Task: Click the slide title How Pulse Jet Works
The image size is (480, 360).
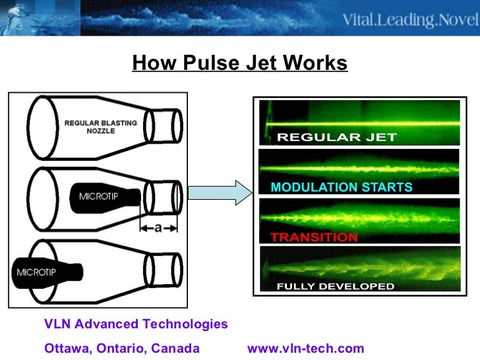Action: coord(239,63)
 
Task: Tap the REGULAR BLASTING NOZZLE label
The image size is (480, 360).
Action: coord(100,127)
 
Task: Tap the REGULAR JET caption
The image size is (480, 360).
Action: coord(337,137)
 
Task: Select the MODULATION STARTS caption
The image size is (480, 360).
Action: coord(341,187)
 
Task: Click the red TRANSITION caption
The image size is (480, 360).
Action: coord(314,237)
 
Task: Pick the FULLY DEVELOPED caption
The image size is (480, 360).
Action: coord(336,286)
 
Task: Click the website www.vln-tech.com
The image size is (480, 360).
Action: coord(305,349)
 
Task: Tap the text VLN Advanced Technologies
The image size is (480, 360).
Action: coord(136,324)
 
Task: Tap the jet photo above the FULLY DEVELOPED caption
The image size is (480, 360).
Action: coord(359,264)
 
